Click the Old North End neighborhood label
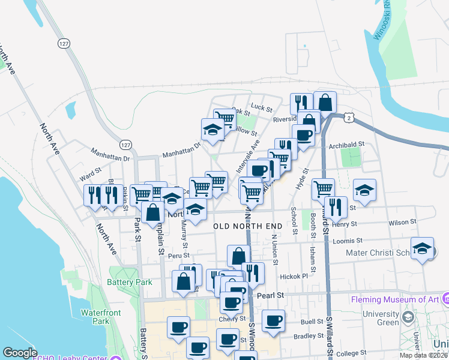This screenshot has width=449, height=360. tap(248, 226)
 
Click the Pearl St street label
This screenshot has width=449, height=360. tap(270, 296)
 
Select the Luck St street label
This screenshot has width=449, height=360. tap(262, 107)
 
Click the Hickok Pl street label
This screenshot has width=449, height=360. tap(294, 277)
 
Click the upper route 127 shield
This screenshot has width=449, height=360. tap(64, 44)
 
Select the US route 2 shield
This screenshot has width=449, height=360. tap(349, 119)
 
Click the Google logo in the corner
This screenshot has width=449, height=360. tap(20, 353)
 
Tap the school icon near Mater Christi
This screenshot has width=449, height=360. tap(422, 250)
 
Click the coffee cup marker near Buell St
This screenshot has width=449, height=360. tap(273, 320)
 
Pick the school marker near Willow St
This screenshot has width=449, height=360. tap(212, 130)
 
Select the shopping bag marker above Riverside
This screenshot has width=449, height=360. tap(325, 102)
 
